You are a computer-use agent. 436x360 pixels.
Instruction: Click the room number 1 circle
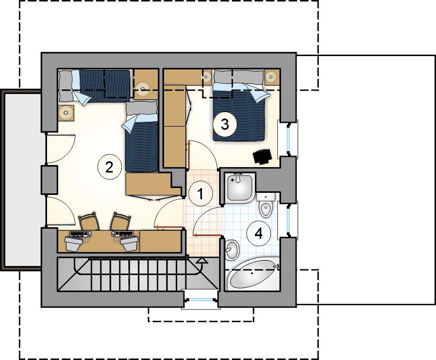(200, 193)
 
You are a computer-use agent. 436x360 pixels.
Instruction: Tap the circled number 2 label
(110, 167)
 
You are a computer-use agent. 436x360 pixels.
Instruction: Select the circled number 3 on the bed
(225, 124)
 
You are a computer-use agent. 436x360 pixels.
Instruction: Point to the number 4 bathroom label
(259, 233)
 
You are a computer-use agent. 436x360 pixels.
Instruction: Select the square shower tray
(240, 187)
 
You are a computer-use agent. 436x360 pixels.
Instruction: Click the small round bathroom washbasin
(232, 249)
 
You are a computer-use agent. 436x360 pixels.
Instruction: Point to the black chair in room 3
(262, 156)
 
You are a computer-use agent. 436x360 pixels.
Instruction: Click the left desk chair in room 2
(89, 221)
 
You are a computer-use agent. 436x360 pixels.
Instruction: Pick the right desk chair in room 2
(121, 221)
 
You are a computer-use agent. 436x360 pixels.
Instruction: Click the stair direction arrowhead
(202, 261)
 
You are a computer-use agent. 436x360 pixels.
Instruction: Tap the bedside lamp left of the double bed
(206, 76)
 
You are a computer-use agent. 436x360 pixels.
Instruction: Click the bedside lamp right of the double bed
(270, 76)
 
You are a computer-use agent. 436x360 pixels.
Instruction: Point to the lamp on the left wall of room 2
(66, 113)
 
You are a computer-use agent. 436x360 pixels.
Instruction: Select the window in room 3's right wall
(288, 138)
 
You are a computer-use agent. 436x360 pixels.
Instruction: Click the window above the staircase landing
(201, 300)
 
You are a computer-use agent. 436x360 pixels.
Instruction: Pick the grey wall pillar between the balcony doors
(50, 180)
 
